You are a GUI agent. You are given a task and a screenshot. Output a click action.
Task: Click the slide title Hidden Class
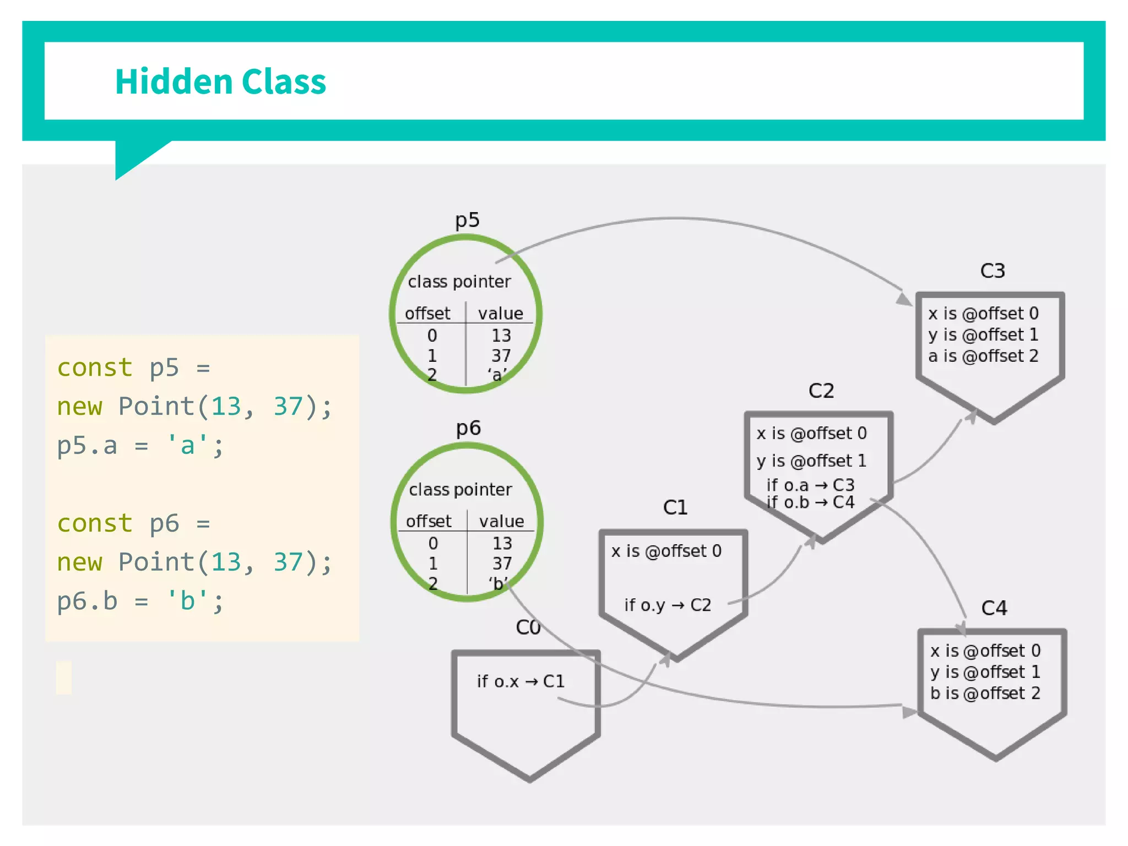click(x=220, y=82)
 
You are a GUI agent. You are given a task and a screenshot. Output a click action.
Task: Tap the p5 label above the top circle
click(x=467, y=220)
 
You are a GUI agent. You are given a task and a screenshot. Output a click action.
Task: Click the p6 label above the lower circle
click(x=468, y=428)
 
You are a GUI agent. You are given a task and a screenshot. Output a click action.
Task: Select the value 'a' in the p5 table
click(x=497, y=375)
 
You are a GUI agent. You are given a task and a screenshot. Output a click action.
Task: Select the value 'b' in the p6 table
click(x=498, y=583)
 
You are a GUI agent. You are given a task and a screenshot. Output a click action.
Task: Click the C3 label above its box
click(x=993, y=271)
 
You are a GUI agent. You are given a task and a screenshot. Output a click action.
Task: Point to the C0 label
click(x=528, y=627)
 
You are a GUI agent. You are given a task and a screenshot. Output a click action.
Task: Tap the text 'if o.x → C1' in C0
click(x=520, y=682)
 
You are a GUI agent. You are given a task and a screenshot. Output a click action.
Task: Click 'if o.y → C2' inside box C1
click(x=668, y=605)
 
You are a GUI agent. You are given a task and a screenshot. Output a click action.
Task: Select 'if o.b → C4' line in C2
click(x=810, y=502)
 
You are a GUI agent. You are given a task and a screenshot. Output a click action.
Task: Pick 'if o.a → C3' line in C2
click(x=810, y=485)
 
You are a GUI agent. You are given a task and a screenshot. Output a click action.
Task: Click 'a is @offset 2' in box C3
click(x=983, y=356)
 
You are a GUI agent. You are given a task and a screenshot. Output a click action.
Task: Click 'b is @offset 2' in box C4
click(x=985, y=693)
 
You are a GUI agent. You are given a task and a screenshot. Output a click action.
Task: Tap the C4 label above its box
click(x=994, y=608)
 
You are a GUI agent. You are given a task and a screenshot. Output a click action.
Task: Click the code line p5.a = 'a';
click(x=140, y=445)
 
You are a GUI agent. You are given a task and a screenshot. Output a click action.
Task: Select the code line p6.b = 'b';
click(x=140, y=601)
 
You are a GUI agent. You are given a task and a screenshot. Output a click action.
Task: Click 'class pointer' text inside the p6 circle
click(x=460, y=490)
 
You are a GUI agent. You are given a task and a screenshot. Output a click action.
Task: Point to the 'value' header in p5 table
click(x=500, y=314)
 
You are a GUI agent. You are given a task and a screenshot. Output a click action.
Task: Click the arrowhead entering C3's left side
click(x=904, y=299)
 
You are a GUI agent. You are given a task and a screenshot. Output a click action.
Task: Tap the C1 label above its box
click(x=675, y=507)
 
